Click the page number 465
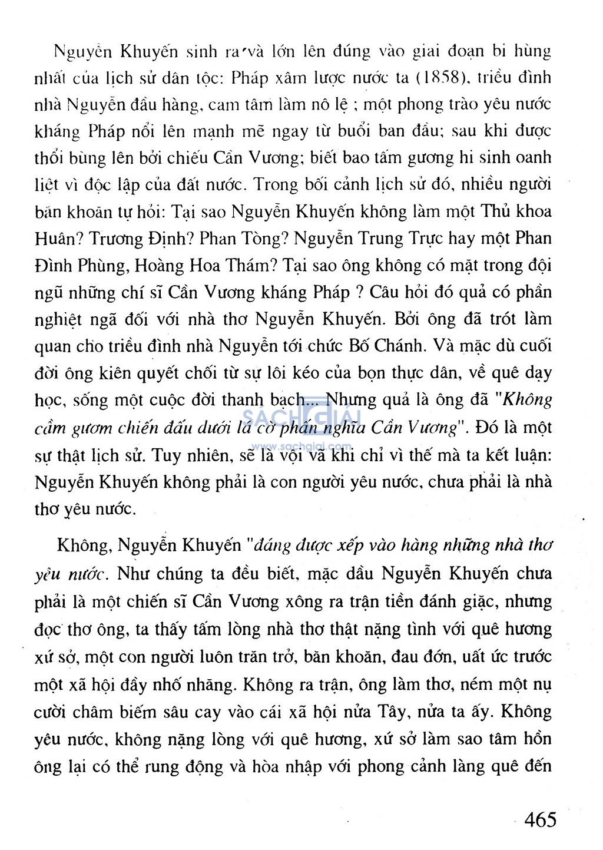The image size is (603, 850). (x=540, y=819)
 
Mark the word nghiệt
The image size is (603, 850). (x=58, y=320)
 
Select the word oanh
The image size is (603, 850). (x=532, y=157)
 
